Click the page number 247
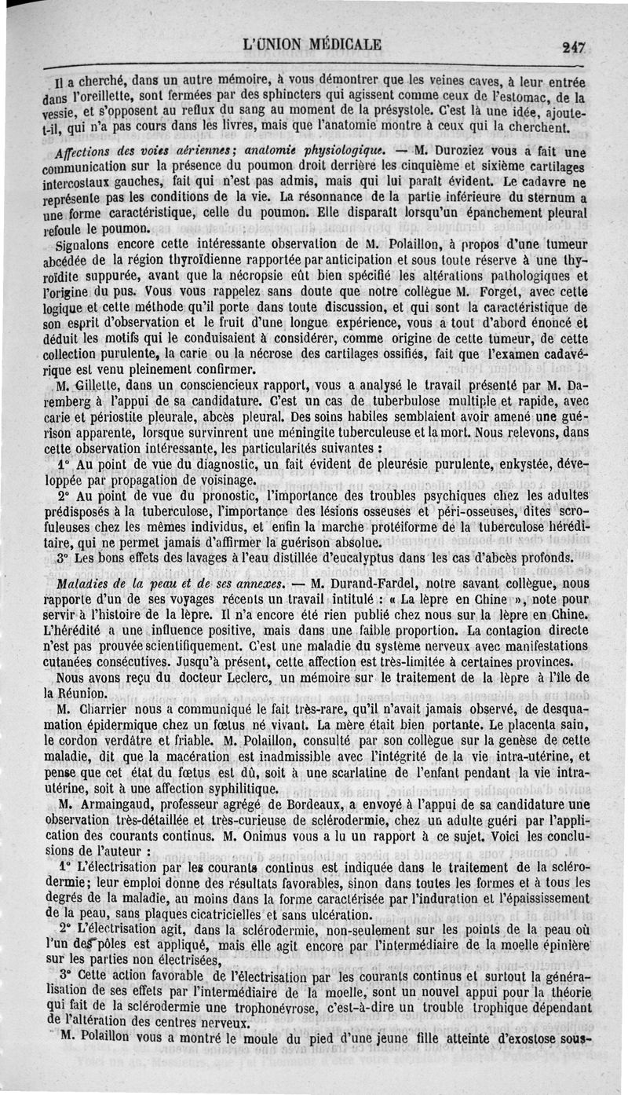click(x=574, y=47)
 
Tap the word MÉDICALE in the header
click(x=336, y=44)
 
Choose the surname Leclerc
click(x=211, y=677)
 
